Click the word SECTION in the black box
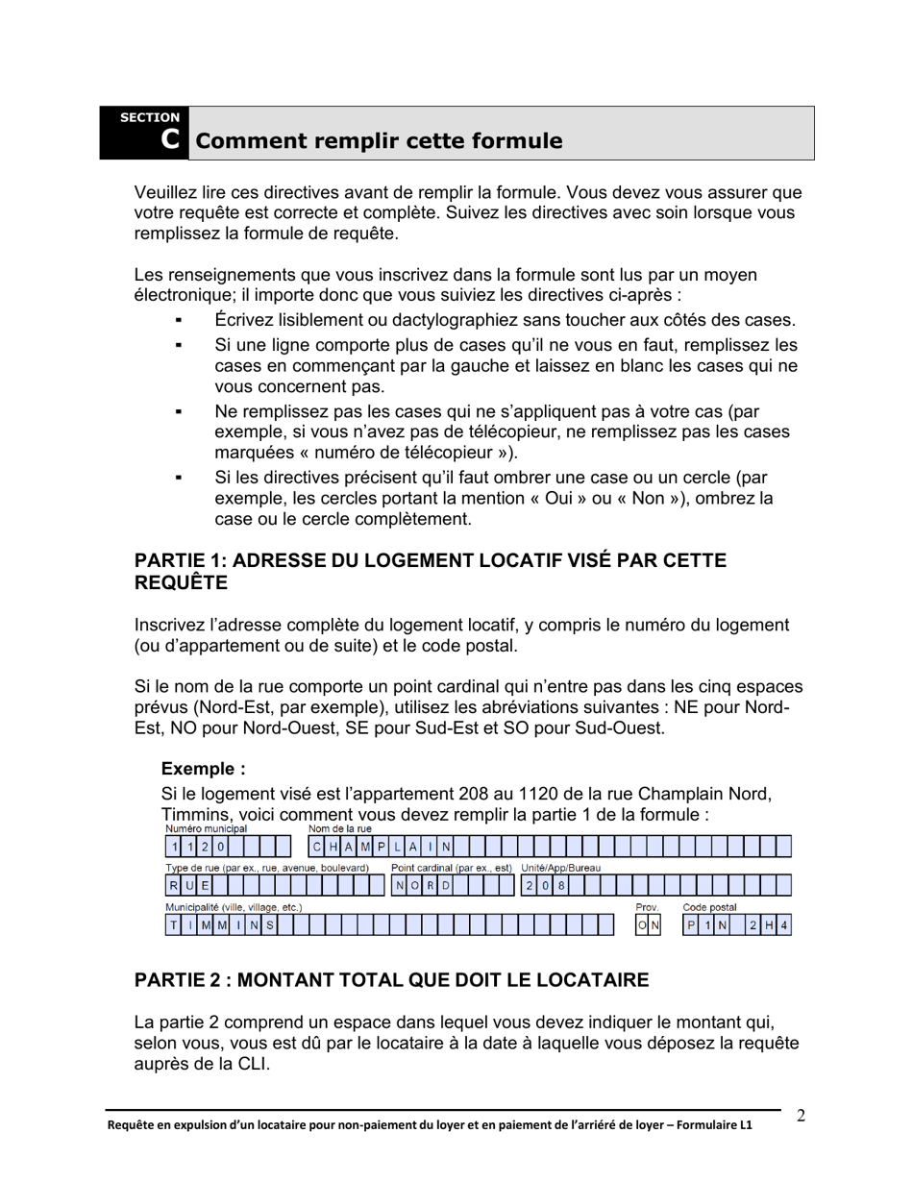pos(149,117)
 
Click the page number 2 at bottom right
pos(801,1116)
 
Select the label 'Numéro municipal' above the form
pos(206,828)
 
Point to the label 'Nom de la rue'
pos(339,828)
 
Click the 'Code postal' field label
pos(709,906)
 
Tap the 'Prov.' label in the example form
pos(647,906)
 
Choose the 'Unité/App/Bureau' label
pos(560,868)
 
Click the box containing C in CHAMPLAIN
pos(316,847)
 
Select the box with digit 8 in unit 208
pos(561,886)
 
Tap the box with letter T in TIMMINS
pos(174,925)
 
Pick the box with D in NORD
pos(446,886)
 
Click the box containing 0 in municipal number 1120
pos(220,847)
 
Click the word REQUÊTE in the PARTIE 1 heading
pos(181,582)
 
